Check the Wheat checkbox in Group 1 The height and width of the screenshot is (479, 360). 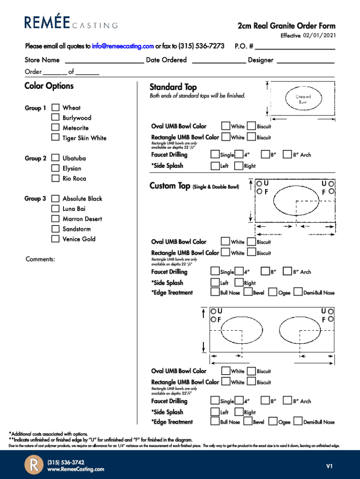[x=55, y=108]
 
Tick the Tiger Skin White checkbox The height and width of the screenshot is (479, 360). [x=55, y=138]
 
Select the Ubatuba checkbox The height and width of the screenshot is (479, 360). [x=55, y=158]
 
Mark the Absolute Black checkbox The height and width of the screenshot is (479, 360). [x=55, y=198]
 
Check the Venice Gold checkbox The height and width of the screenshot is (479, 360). [x=55, y=239]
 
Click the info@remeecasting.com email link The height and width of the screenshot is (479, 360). [x=123, y=46]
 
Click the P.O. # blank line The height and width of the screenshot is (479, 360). [x=295, y=47]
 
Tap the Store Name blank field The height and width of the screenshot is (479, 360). [x=104, y=60]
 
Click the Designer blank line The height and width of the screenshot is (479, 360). [x=306, y=60]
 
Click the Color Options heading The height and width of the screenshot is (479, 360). [x=49, y=86]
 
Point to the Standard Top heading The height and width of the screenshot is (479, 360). [x=173, y=87]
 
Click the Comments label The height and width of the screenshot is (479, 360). [x=40, y=259]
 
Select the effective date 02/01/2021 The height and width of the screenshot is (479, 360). [x=319, y=36]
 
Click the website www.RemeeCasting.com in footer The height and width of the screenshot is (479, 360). [x=76, y=469]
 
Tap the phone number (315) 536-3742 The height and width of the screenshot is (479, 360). [x=66, y=462]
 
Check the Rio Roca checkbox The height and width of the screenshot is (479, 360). [x=55, y=178]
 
